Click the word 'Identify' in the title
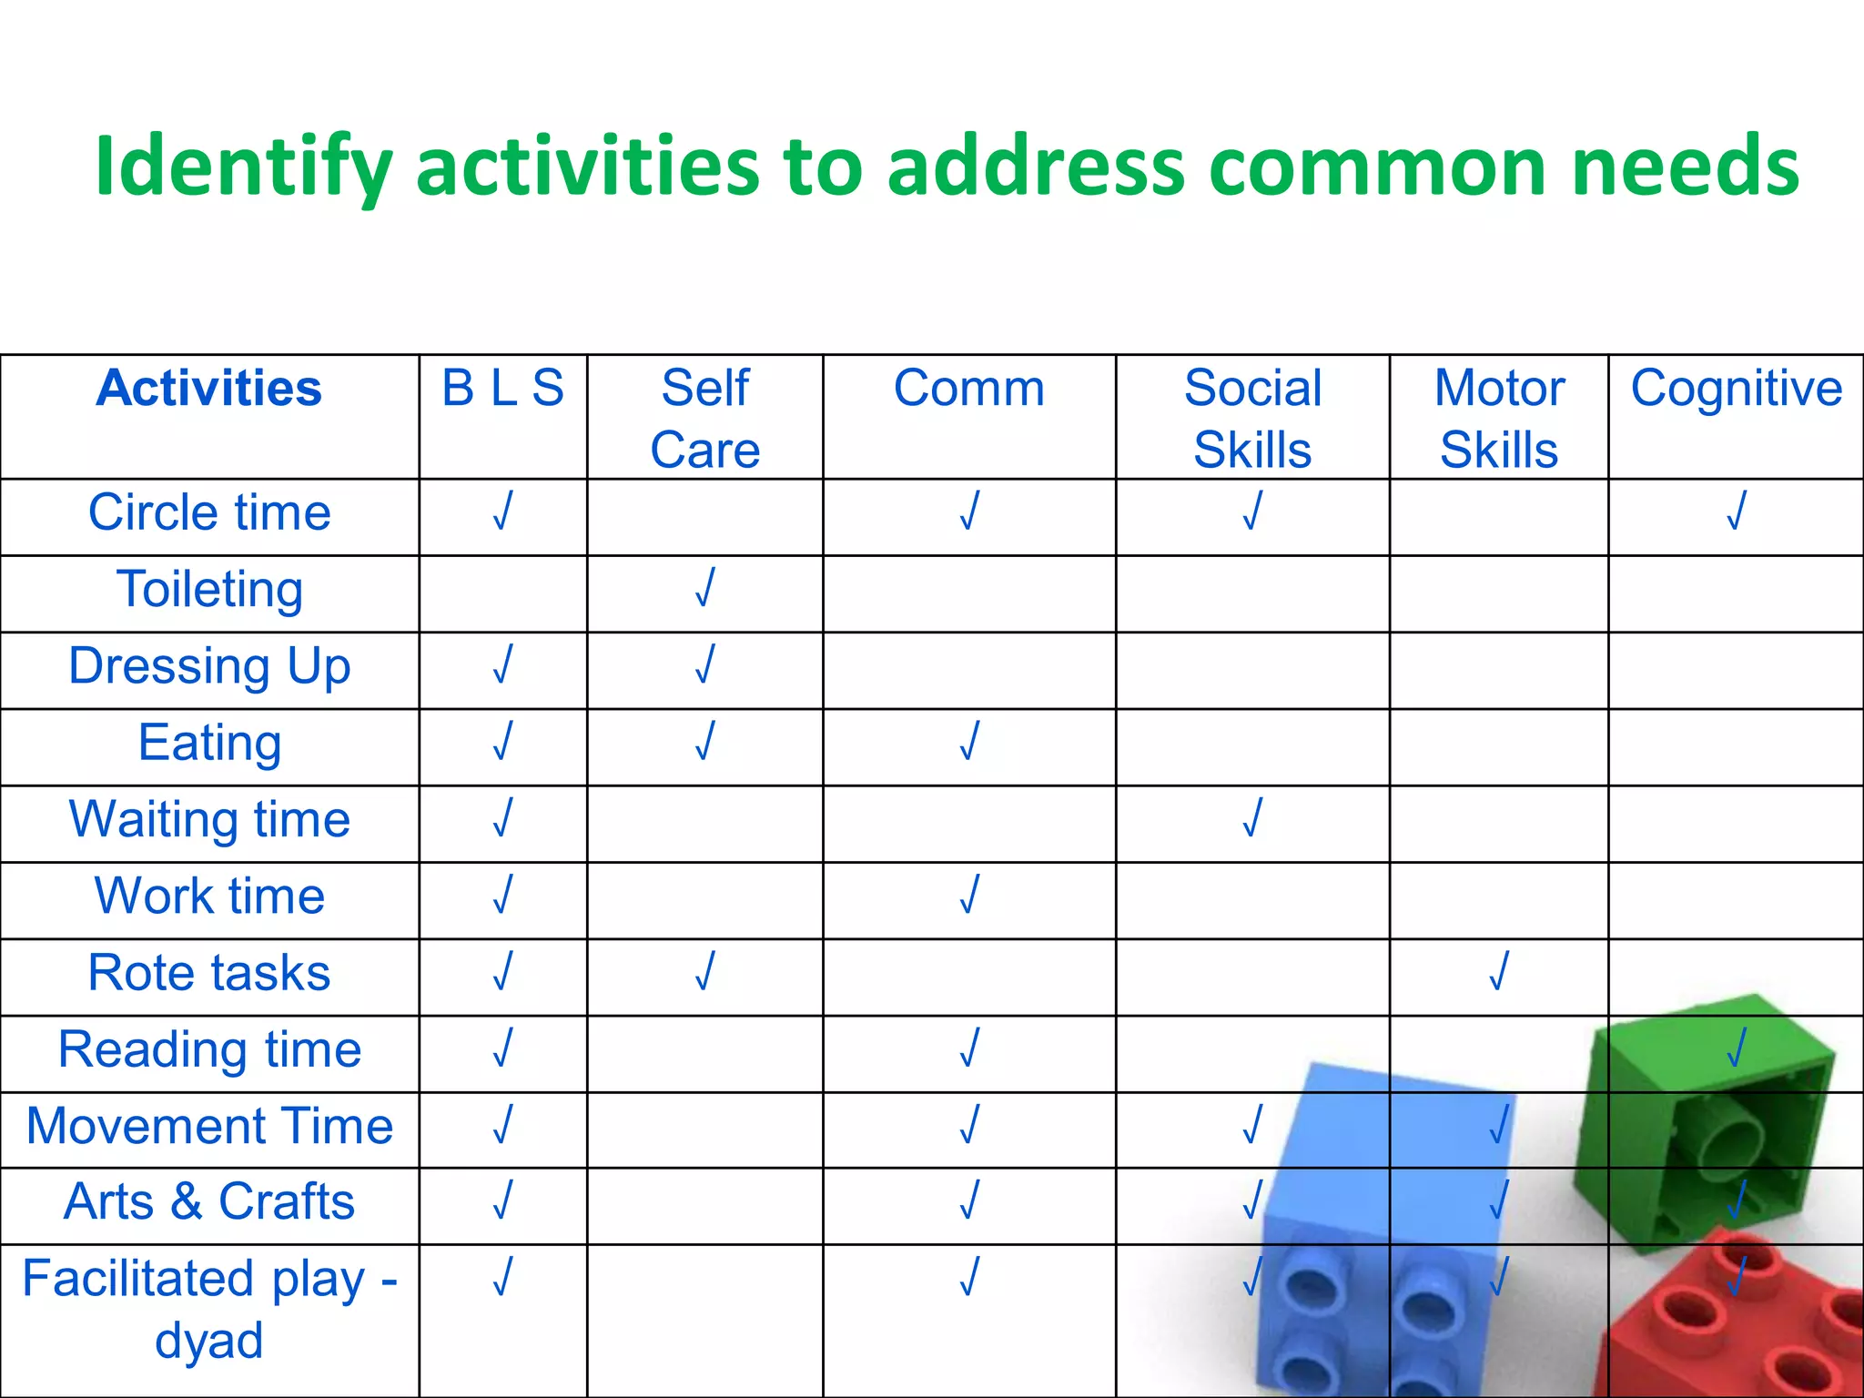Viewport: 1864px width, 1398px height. (x=243, y=167)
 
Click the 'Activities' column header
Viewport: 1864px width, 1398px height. (x=209, y=389)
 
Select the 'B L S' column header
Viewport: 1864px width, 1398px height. (x=502, y=389)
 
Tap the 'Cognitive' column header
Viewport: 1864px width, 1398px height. (x=1736, y=389)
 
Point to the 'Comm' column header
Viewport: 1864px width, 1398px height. (x=968, y=389)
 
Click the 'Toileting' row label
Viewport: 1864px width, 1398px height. (x=209, y=590)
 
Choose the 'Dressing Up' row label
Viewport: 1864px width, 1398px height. (x=209, y=666)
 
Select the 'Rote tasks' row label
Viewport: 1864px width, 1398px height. (x=209, y=973)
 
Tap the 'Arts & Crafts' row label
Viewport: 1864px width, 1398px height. (x=209, y=1201)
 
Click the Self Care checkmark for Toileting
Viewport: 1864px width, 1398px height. (x=704, y=587)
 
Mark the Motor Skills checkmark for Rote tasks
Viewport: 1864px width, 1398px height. (x=1498, y=970)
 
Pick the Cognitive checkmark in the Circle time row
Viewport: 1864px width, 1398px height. (x=1736, y=511)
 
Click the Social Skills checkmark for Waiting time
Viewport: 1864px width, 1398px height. (x=1252, y=817)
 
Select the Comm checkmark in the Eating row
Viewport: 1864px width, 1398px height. (x=968, y=741)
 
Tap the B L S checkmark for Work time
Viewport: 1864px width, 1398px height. (x=502, y=894)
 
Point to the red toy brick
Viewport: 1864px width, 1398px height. (x=1729, y=1329)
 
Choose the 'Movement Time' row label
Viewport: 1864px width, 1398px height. (x=209, y=1127)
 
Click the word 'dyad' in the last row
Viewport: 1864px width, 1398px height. (x=209, y=1341)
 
